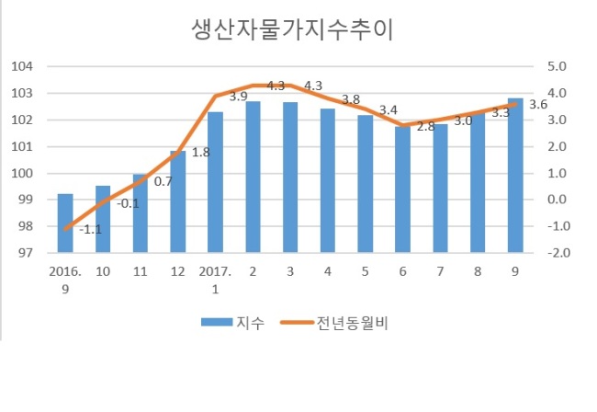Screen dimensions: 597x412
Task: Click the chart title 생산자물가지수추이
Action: [x=292, y=29]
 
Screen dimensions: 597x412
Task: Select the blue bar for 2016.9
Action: [x=65, y=223]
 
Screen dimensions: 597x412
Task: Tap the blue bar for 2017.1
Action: [x=215, y=182]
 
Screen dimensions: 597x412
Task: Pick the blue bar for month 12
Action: [x=178, y=201]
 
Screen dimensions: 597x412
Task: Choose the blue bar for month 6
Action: [x=402, y=189]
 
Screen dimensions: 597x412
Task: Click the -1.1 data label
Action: [x=91, y=229]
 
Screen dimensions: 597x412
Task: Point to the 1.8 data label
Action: [x=200, y=153]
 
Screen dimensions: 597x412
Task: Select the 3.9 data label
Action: [x=239, y=97]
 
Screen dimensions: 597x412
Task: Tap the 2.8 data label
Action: [x=425, y=127]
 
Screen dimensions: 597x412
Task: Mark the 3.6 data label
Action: [x=538, y=104]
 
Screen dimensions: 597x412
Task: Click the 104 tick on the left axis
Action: [x=22, y=66]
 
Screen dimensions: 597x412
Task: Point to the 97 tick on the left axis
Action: [x=26, y=253]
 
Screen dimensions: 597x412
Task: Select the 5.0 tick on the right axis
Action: [x=557, y=66]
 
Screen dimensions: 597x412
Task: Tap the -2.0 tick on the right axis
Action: [x=559, y=253]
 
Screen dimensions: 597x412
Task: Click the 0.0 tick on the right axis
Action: [x=557, y=200]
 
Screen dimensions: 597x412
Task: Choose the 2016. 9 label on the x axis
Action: [x=65, y=280]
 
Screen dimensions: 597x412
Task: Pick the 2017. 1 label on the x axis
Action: [x=215, y=280]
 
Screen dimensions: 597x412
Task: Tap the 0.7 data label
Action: [x=163, y=182]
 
